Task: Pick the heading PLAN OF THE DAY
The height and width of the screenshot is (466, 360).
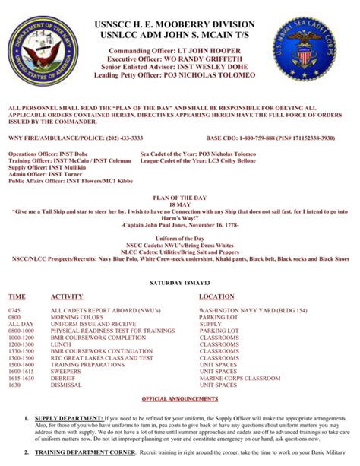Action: pyautogui.click(x=180, y=195)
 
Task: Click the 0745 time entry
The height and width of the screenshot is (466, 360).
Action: pyautogui.click(x=14, y=290)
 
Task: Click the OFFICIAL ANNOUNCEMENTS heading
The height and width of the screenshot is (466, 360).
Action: pyautogui.click(x=180, y=398)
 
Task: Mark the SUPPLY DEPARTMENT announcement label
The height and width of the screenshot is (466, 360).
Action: pyautogui.click(x=69, y=419)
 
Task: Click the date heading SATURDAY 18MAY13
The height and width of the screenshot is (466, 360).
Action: pyautogui.click(x=180, y=261)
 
